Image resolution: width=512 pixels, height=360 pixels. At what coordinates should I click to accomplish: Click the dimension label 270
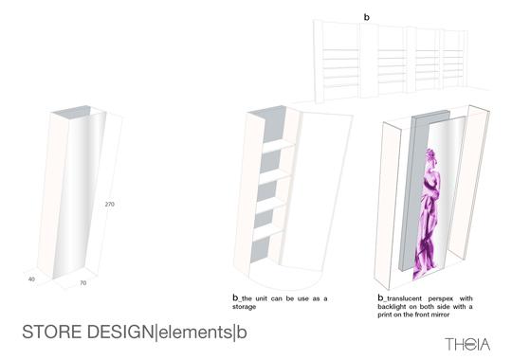tap(110, 204)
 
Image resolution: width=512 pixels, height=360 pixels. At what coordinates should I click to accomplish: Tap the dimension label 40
tap(31, 279)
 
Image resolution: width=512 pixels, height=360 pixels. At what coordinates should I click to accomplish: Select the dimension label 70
tap(83, 283)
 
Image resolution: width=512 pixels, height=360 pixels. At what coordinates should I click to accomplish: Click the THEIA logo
tap(467, 344)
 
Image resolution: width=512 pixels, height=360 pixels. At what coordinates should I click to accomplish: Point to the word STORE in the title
tap(52, 332)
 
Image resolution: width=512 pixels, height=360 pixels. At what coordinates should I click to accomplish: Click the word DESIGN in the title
tap(121, 332)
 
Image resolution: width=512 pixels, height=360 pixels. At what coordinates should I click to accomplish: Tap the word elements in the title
tap(195, 333)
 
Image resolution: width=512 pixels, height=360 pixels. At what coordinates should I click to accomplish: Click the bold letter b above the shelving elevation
tap(367, 17)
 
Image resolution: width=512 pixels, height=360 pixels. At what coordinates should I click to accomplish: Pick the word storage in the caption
tap(244, 307)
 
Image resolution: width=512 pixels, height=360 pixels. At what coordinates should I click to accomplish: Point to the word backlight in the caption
tap(392, 307)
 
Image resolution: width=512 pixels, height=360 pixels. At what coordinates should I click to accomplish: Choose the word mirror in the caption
tap(440, 315)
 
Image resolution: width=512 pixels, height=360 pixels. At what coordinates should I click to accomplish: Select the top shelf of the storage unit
tap(278, 147)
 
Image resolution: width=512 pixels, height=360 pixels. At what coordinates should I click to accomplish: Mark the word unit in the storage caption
tap(262, 298)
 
